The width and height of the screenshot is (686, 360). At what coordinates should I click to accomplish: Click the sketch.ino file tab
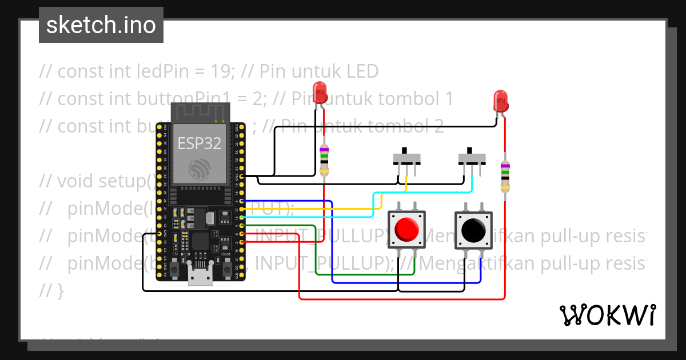point(101,25)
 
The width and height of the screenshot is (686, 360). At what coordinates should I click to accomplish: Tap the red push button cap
point(406,230)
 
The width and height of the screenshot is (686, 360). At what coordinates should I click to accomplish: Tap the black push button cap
point(473,230)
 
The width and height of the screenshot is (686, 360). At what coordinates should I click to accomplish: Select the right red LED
point(500,101)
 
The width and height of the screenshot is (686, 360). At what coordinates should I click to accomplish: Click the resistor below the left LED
point(325,159)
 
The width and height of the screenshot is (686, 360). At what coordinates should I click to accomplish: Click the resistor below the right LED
point(505,177)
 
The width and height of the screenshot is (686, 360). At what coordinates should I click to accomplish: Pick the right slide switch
point(472,158)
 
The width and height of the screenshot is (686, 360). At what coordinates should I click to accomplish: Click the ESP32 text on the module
point(199,143)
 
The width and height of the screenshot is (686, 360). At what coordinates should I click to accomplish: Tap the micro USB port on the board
point(200,279)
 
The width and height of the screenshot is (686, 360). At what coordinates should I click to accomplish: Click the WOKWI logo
point(607,315)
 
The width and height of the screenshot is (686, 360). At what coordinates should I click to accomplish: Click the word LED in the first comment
point(362,71)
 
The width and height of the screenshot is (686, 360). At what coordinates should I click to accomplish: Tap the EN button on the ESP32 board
point(175,268)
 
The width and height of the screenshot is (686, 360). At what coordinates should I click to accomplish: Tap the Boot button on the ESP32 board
point(226,268)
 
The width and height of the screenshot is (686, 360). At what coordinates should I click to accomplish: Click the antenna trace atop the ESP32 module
point(200,113)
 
